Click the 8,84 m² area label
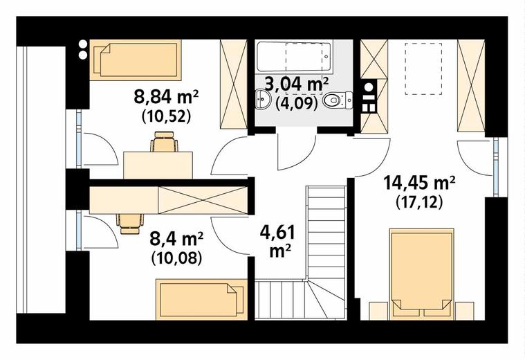[167, 97]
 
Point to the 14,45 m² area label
[419, 183]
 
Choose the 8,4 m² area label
[176, 240]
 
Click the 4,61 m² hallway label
[277, 242]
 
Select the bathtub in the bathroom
[294, 56]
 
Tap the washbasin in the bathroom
[264, 99]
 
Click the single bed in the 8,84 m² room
[136, 60]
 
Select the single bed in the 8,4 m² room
[202, 299]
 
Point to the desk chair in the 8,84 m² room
[164, 142]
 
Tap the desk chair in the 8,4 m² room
[130, 224]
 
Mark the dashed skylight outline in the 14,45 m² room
[423, 69]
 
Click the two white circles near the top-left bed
[82, 49]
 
